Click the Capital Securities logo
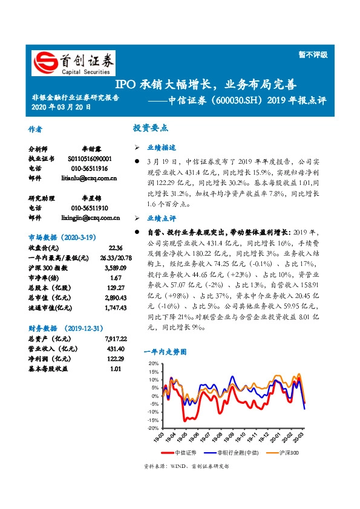point(73,63)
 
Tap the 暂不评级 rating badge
point(315,54)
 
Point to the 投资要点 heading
point(151,128)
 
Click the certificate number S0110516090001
point(94,158)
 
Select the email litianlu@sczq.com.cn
point(89,178)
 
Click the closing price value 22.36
point(116,248)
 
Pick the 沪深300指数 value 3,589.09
point(114,267)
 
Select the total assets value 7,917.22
point(114,340)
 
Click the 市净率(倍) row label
point(45,277)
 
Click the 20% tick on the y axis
point(153,363)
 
